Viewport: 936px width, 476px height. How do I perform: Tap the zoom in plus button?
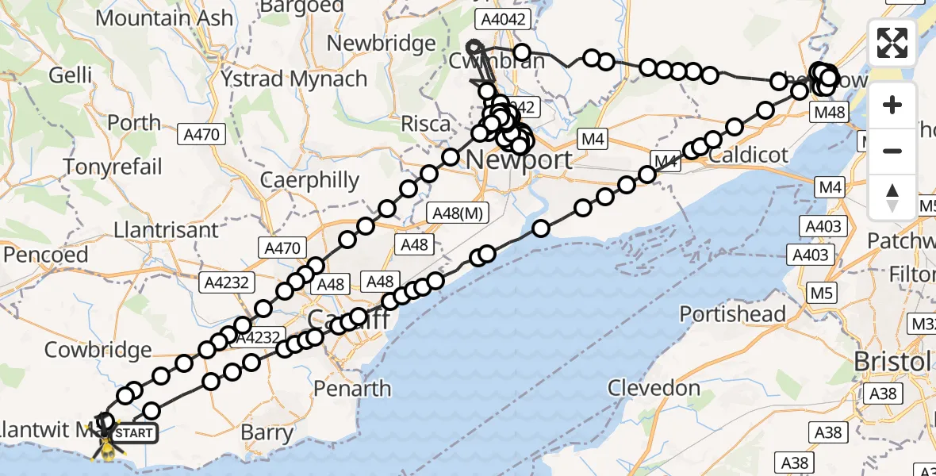point(892,105)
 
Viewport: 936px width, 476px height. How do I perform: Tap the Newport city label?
point(518,159)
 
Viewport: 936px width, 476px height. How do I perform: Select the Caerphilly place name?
point(310,180)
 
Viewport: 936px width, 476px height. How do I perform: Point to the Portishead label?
point(733,313)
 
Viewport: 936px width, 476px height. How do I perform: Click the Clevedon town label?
point(654,388)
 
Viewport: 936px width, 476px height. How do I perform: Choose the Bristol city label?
point(891,362)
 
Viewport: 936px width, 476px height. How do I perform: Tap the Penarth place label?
point(352,389)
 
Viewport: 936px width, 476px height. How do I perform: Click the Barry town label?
point(267,434)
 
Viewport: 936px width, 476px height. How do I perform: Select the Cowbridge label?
point(98,349)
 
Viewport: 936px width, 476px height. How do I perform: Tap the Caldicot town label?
point(749,154)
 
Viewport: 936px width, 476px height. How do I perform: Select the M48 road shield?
point(830,113)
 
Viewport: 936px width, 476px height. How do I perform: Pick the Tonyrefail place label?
point(113,167)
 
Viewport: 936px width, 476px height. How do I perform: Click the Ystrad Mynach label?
point(293,79)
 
